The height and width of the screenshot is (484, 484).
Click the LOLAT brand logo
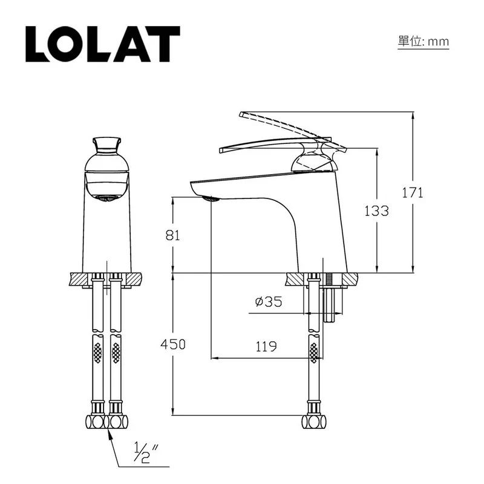pos(103,44)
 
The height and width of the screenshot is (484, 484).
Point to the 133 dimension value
pos(376,211)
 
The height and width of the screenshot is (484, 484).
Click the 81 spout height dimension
pos(173,235)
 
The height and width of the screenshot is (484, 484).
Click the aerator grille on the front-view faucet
pos(107,197)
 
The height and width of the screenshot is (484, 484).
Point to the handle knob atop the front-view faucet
pos(106,144)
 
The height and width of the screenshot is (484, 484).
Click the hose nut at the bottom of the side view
pos(314,421)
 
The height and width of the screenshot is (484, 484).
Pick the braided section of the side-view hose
pos(314,353)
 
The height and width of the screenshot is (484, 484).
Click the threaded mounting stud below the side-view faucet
pos(330,299)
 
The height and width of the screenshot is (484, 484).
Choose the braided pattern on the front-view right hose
pos(116,353)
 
